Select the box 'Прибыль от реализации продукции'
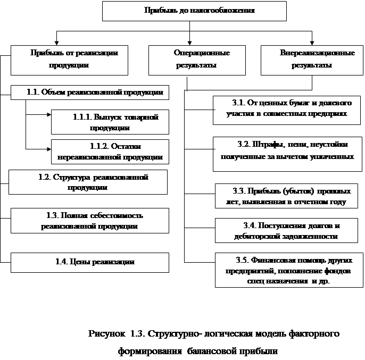pos(69,59)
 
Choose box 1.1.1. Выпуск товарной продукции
pos(110,122)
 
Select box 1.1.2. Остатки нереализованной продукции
pos(110,152)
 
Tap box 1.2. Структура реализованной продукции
pos(88,182)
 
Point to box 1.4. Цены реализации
pos(89,262)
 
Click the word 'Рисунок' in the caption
pos(106,334)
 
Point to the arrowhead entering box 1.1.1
pos(48,114)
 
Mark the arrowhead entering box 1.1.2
pos(48,149)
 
